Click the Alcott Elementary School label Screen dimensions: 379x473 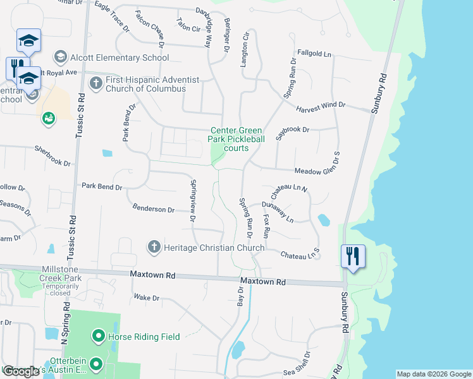click(x=120, y=57)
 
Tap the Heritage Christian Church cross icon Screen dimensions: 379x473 click(x=153, y=247)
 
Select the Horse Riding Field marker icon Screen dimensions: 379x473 click(x=98, y=336)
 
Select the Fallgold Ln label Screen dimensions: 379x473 click(x=314, y=54)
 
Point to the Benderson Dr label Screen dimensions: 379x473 click(x=153, y=208)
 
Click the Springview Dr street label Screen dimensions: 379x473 click(x=192, y=202)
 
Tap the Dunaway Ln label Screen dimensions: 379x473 click(x=278, y=212)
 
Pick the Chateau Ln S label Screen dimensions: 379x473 click(x=300, y=256)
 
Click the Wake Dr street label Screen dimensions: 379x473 click(x=147, y=297)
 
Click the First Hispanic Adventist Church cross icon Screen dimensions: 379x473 click(x=96, y=84)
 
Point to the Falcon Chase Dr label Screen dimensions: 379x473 click(x=150, y=30)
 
